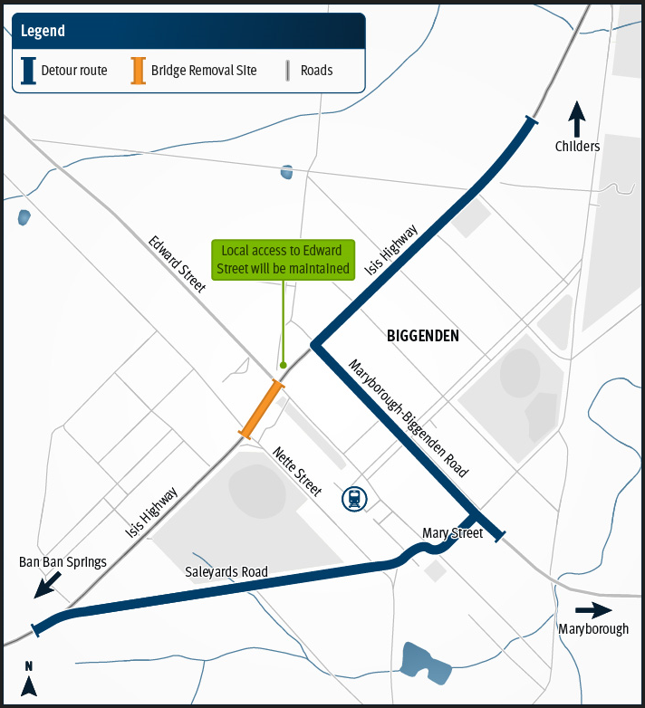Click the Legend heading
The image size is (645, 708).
43,31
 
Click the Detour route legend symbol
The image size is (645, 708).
29,71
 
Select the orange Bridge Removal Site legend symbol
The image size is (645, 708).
139,71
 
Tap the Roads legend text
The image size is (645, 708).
317,71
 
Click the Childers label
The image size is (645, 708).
578,146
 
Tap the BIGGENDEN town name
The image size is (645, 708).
422,336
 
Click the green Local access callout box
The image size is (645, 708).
284,260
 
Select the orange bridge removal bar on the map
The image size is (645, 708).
262,409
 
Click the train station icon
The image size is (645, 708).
353,498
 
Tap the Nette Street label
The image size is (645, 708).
297,471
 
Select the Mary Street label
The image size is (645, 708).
452,533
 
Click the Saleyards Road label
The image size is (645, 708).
226,572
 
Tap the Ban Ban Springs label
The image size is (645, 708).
63,562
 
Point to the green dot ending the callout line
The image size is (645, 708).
284,365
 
